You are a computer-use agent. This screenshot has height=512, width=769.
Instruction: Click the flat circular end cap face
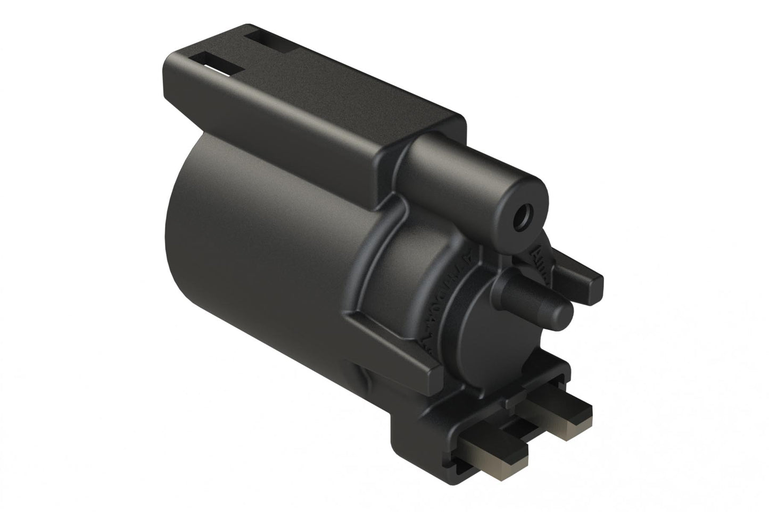tap(487, 330)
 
